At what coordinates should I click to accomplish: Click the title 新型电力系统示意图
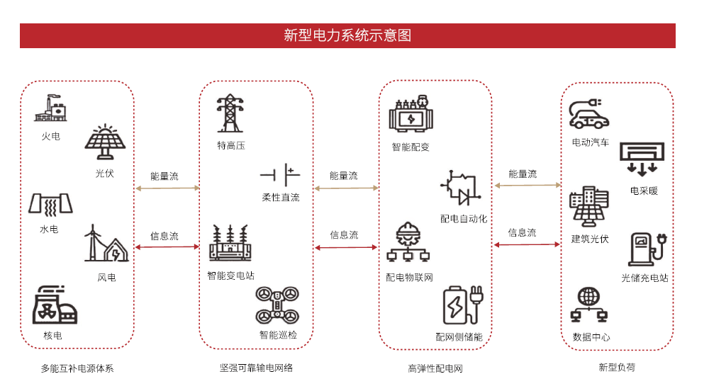pyautogui.click(x=347, y=35)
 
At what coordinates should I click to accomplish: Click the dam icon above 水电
pyautogui.click(x=50, y=204)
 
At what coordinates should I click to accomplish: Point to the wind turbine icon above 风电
pyautogui.click(x=106, y=244)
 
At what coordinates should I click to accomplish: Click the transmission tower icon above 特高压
pyautogui.click(x=230, y=113)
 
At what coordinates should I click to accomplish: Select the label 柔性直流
pyautogui.click(x=281, y=198)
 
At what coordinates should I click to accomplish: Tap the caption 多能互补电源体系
pyautogui.click(x=77, y=368)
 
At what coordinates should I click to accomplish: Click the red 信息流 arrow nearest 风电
pyautogui.click(x=167, y=247)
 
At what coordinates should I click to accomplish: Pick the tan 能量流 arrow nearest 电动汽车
pyautogui.click(x=527, y=186)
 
